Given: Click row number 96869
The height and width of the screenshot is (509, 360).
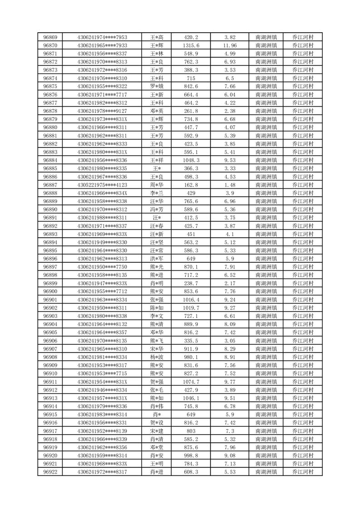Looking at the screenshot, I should pos(50,37).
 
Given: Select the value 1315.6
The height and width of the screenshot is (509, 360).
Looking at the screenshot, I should pos(191,45).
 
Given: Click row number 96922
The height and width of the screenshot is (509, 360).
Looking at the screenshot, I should pos(50,472).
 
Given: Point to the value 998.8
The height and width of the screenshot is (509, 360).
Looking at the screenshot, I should pos(191,456).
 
